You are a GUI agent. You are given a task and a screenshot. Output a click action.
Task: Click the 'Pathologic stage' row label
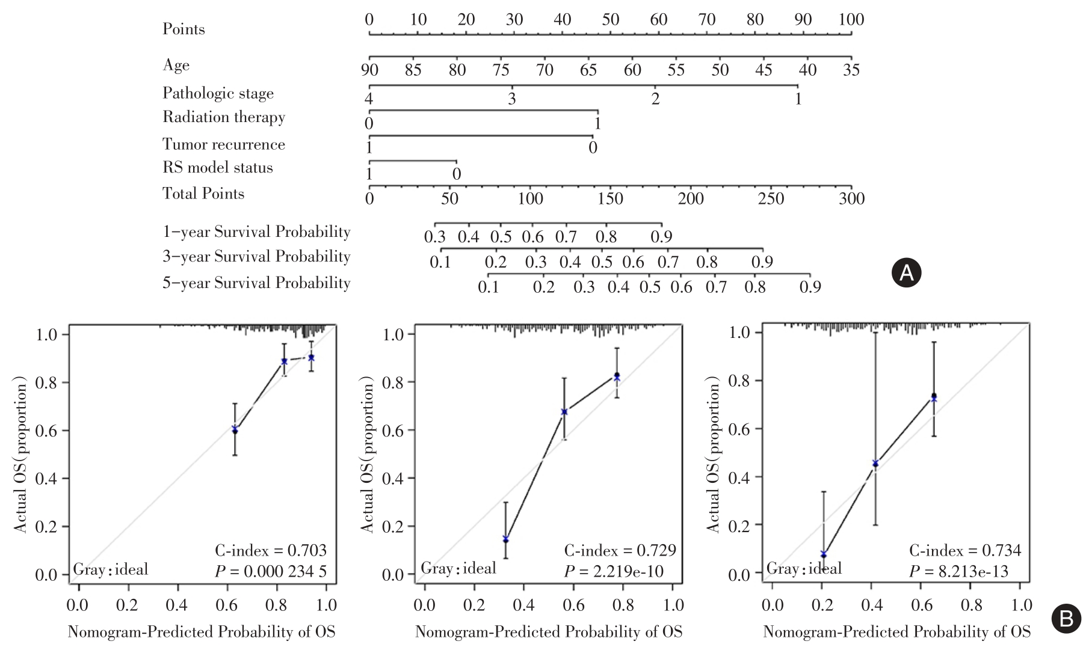[x=218, y=93]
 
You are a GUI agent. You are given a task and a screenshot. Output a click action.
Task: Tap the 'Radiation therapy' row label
[x=223, y=117]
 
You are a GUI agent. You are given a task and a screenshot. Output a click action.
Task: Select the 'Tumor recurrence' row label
[x=223, y=144]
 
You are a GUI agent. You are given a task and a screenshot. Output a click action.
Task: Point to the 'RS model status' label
[x=217, y=168]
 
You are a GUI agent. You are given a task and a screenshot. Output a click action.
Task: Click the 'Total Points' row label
[x=203, y=194]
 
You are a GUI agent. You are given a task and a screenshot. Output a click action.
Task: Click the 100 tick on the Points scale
[x=851, y=20]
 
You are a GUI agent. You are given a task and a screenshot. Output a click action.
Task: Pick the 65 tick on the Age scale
[x=588, y=70]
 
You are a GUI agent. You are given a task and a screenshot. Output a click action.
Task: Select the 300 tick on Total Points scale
[x=851, y=198]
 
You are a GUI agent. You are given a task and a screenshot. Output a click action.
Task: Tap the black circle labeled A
[x=906, y=273]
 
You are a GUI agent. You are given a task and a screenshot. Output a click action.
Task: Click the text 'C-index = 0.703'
[x=271, y=550]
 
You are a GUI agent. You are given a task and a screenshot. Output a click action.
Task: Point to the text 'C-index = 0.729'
[x=620, y=550]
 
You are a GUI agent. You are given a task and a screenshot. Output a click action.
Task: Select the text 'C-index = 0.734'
[x=965, y=550]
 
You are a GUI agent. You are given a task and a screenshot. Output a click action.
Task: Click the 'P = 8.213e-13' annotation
[x=958, y=571]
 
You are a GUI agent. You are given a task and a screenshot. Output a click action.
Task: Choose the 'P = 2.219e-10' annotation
[x=614, y=571]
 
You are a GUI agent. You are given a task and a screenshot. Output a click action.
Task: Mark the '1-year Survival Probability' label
[x=256, y=232]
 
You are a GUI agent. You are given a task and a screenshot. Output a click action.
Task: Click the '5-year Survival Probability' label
[x=256, y=283]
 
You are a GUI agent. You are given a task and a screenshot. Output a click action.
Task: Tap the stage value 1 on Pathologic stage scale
[x=798, y=99]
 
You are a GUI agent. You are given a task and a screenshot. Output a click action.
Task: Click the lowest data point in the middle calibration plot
[x=505, y=539]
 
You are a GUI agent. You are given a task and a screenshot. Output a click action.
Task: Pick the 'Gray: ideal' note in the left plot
[x=111, y=569]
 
